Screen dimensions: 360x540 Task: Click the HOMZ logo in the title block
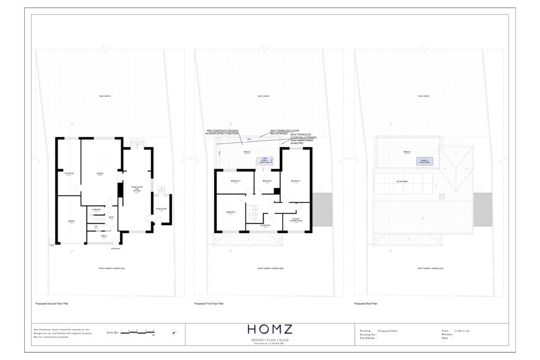tap(269, 330)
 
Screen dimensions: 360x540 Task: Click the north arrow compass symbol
tap(175, 332)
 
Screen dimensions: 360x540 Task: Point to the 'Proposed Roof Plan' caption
tap(367, 304)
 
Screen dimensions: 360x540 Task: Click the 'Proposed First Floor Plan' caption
tap(209, 304)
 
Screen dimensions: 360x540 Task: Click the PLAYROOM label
tap(69, 173)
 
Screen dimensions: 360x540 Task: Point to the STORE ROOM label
tap(161, 210)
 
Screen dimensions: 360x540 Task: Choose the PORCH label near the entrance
tap(103, 237)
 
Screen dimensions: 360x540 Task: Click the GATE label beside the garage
tap(52, 245)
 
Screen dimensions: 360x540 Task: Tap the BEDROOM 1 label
tap(296, 181)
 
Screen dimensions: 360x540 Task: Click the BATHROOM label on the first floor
tap(265, 225)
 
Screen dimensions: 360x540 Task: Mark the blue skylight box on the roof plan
tap(424, 161)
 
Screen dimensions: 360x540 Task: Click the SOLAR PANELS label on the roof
tap(403, 182)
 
